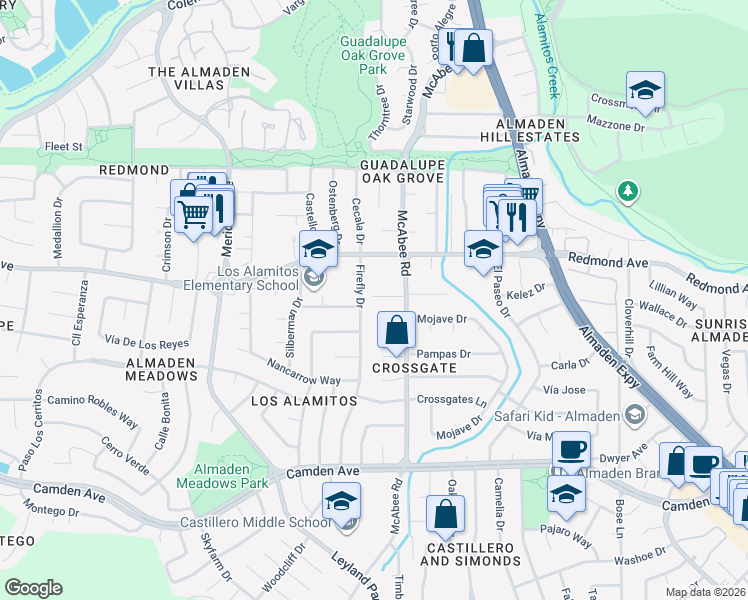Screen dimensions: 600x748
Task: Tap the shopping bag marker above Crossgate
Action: click(397, 329)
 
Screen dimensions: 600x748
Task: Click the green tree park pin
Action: click(628, 190)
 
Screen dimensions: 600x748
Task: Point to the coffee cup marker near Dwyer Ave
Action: click(571, 449)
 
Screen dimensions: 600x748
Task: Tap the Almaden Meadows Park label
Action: click(222, 475)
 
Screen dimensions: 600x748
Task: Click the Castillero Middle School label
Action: click(255, 522)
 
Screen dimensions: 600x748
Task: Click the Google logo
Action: click(33, 587)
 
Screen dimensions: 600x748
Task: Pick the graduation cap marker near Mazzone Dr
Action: click(646, 89)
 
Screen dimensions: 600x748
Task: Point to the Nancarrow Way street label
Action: click(304, 372)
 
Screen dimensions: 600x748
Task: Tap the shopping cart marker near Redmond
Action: click(193, 212)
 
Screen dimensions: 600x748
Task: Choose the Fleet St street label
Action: click(62, 146)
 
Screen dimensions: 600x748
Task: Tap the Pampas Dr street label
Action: click(443, 353)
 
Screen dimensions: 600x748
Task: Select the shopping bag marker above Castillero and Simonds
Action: click(445, 514)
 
